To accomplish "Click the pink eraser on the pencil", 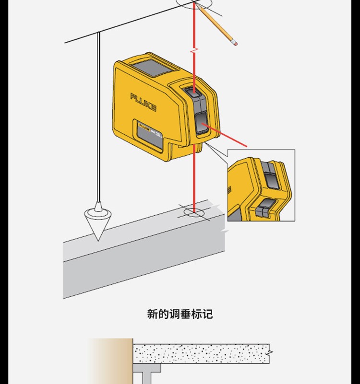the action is (234, 43).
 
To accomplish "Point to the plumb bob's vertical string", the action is (99, 120).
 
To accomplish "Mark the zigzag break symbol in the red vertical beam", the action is (194, 49).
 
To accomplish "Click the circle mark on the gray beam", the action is (195, 211).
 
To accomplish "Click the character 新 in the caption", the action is (152, 314).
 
